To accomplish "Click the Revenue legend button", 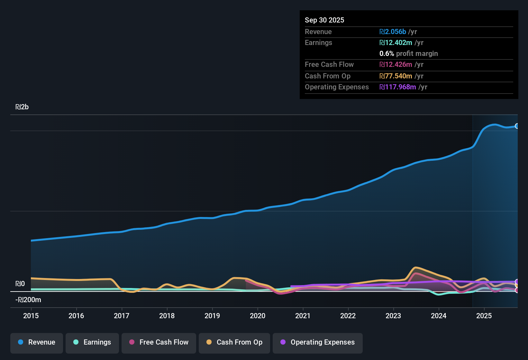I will coord(37,343).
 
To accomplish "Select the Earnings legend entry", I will coord(92,343).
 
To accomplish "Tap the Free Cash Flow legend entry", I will coord(159,343).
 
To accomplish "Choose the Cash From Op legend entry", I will coord(234,343).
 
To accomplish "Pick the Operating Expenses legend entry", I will coord(318,343).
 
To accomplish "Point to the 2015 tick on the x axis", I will coord(31,316).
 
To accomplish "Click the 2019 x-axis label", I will coord(212,316).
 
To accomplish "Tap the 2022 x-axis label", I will coord(348,316).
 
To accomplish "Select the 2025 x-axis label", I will coord(484,316).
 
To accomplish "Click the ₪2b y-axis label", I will coord(22,107).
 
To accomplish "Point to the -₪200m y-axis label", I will coord(28,300).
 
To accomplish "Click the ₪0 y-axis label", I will coord(20,284).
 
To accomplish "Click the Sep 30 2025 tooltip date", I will coord(324,20).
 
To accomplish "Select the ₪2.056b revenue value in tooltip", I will coord(393,32).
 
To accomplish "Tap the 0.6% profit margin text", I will coord(408,54).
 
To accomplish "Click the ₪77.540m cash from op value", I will coord(396,76).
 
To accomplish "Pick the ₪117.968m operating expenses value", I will coord(397,87).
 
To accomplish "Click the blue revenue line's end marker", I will coord(517,126).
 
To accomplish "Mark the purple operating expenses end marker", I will coord(517,282).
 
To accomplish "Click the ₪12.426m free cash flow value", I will coord(396,65).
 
